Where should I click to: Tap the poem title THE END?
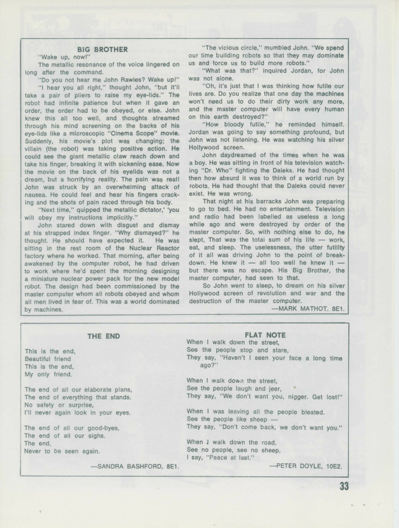coord(104,336)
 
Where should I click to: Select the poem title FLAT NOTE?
coord(265,335)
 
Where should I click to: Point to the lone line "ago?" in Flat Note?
coord(208,365)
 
